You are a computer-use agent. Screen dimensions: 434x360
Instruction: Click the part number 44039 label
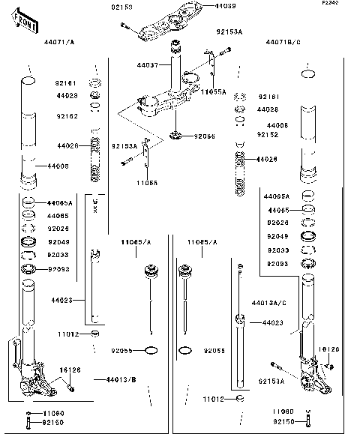[204, 6]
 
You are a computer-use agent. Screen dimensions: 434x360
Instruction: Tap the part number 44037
[147, 66]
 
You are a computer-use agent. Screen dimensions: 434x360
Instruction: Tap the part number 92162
[66, 118]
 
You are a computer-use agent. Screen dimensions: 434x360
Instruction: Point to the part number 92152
[268, 135]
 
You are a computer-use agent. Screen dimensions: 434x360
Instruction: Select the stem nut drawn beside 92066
[178, 135]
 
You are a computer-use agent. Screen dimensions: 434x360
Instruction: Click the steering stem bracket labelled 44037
[175, 90]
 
